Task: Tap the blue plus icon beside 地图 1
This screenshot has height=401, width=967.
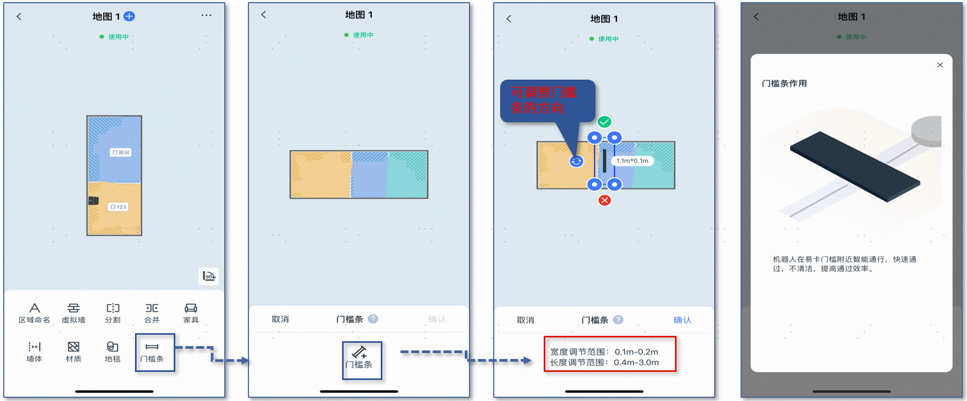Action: [x=130, y=16]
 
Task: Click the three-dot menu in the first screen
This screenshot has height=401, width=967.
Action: [x=207, y=15]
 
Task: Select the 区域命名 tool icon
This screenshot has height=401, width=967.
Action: [x=34, y=308]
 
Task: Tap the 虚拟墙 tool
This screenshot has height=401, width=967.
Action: [x=74, y=308]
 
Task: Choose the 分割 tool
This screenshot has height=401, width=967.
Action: [x=113, y=308]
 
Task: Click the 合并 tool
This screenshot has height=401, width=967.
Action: [x=152, y=308]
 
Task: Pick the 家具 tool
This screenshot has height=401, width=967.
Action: [x=191, y=308]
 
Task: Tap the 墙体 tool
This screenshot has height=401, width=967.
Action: [x=34, y=347]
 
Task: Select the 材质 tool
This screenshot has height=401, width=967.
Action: [x=74, y=347]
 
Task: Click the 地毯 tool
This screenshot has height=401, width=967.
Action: [x=112, y=347]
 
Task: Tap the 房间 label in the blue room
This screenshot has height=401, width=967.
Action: [x=121, y=152]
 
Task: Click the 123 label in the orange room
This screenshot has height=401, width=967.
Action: [x=118, y=207]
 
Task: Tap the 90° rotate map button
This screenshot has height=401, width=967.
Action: [x=209, y=276]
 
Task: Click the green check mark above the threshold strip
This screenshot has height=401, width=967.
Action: [x=605, y=122]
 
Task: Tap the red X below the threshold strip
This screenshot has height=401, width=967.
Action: [x=605, y=200]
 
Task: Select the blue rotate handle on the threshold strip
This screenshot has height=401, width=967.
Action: [x=576, y=161]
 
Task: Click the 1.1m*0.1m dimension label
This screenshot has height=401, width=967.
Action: [x=632, y=161]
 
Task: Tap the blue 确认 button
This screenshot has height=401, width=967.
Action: [x=682, y=320]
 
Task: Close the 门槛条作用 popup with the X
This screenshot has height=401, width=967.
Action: [x=940, y=65]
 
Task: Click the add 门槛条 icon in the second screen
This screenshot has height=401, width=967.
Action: [x=359, y=353]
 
